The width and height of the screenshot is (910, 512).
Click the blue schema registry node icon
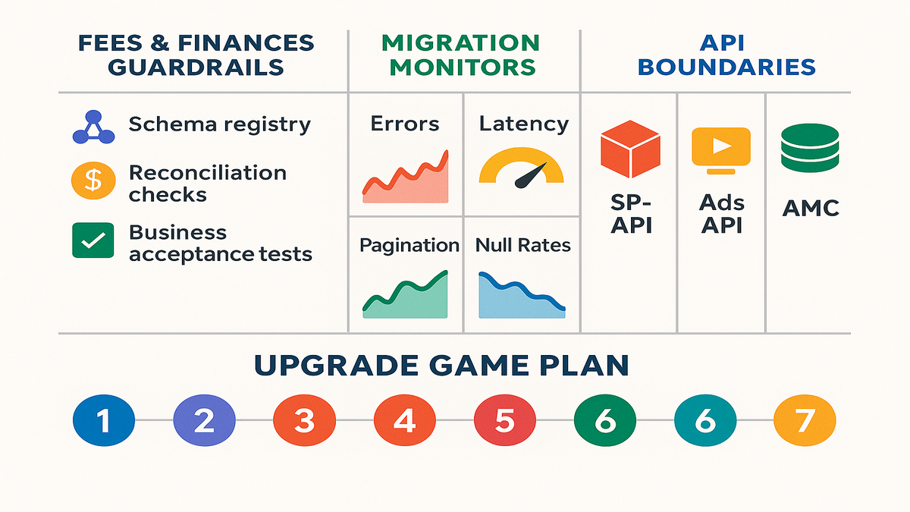pos(93,127)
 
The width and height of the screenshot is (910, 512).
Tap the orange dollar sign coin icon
pos(93,180)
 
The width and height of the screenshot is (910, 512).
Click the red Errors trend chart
pos(406,179)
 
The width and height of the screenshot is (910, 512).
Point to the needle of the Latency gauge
pos(530,175)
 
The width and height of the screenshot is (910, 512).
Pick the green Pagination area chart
pos(406,297)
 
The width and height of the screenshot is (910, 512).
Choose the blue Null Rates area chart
pos(522,297)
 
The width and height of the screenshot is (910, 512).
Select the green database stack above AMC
pos(810,148)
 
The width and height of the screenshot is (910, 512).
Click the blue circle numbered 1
pos(103,420)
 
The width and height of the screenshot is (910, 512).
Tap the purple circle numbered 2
pos(203,420)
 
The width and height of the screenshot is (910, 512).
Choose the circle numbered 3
pos(304,420)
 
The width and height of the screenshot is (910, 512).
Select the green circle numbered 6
pos(604,420)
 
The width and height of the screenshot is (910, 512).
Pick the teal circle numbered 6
pos(704,420)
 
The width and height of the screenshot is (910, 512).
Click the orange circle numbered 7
pos(805,420)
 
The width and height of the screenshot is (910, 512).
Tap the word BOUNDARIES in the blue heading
pos(726,67)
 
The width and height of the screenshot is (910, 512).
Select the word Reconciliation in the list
pos(207,172)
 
